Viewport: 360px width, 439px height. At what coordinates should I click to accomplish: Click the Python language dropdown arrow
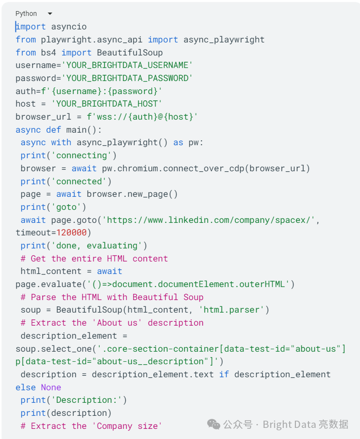tap(50, 14)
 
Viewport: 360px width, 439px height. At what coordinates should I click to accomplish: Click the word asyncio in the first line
tap(69, 27)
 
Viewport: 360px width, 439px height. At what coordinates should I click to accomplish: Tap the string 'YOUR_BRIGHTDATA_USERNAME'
tap(127, 65)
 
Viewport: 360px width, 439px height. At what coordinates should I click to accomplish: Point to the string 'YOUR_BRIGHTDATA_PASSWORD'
tap(127, 78)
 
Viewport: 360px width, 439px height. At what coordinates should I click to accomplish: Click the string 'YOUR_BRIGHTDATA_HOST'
tap(107, 104)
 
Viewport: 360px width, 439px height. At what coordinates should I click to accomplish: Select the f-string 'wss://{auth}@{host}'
tap(142, 117)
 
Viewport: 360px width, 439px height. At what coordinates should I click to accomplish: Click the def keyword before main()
tap(53, 130)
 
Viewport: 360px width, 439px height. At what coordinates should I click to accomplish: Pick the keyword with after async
tap(61, 142)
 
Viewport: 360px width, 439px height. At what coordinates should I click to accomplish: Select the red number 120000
tap(71, 233)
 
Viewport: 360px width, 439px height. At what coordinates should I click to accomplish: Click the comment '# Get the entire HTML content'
tap(94, 259)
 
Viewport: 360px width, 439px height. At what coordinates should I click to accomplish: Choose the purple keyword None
tap(51, 387)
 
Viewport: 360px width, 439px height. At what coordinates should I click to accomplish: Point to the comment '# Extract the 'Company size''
tap(92, 426)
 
